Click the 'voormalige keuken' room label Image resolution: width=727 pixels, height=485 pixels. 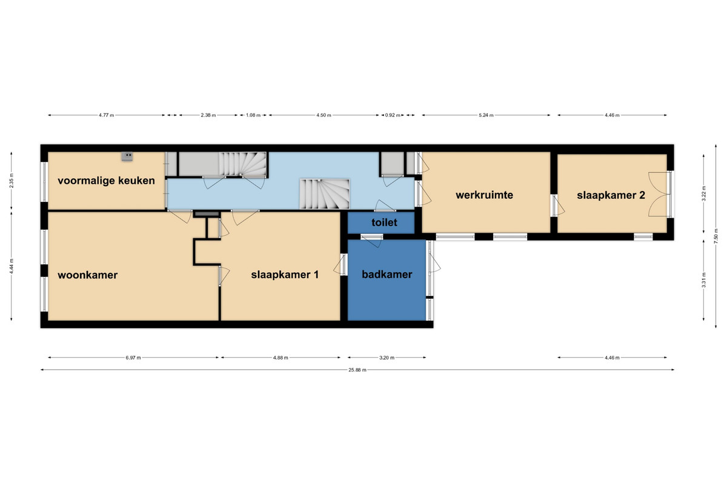point(106,181)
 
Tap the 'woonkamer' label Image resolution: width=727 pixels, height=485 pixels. point(88,275)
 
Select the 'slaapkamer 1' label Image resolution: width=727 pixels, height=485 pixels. point(285,275)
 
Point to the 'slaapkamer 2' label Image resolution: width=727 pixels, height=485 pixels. point(611,195)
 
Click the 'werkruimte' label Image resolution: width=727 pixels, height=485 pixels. point(484,195)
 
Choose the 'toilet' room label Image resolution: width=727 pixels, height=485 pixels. point(384,222)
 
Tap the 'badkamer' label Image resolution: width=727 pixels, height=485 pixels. point(387,275)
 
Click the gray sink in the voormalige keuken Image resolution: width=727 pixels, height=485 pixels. point(127,156)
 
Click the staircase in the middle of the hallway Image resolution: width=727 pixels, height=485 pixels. point(324,194)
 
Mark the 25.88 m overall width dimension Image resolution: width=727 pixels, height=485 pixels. point(357,370)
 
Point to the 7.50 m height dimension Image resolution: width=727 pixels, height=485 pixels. point(715,236)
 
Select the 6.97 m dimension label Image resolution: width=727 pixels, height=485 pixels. point(133,358)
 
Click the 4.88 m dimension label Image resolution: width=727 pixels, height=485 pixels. point(281,358)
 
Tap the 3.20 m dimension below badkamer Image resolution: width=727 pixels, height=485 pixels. point(387,358)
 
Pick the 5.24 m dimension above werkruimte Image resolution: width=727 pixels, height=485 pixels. point(486,115)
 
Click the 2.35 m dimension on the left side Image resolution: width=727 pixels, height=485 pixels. point(12,181)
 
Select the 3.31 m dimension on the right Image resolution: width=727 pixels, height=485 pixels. point(703,280)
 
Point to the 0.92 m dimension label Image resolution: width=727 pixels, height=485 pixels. point(393,115)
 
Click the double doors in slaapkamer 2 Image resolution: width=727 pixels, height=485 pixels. point(659,194)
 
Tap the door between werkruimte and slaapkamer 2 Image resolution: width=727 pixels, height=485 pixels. point(557,206)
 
